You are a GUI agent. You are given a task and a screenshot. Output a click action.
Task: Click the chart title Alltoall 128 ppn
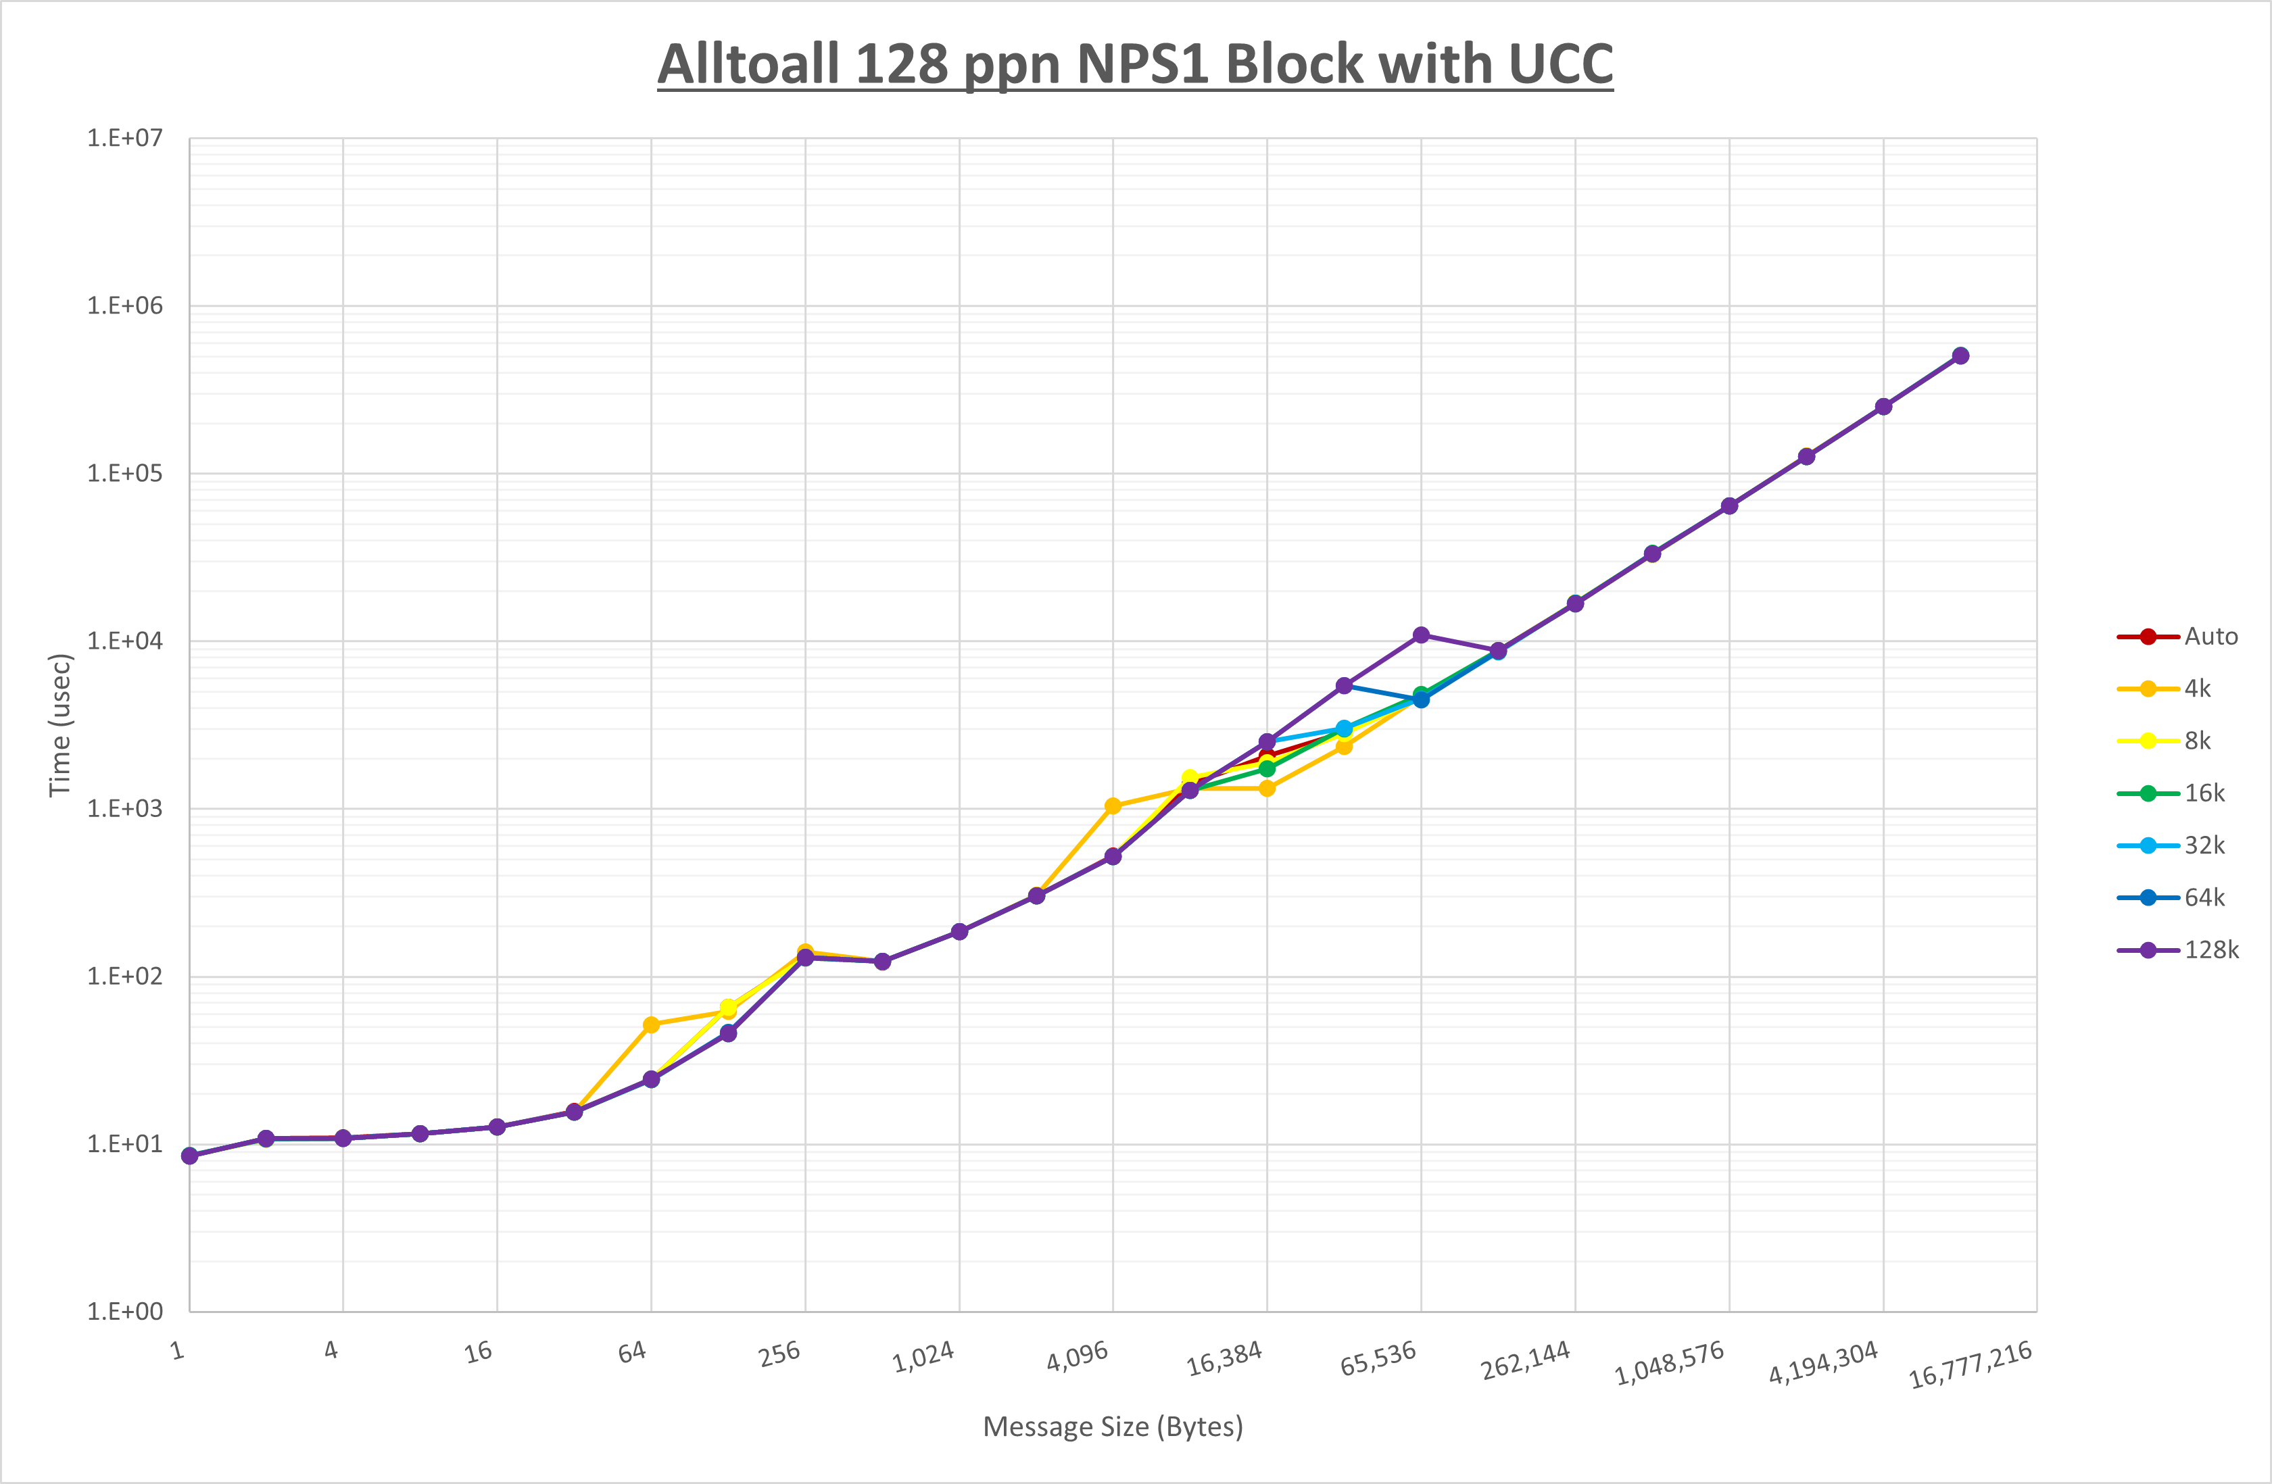(x=1134, y=64)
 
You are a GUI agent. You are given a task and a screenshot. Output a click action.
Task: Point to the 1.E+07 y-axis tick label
(x=125, y=139)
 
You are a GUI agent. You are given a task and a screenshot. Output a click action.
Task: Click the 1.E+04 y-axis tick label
(x=125, y=641)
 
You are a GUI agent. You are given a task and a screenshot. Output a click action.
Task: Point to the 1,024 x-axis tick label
(x=923, y=1357)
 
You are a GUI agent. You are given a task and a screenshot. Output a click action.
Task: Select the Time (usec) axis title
(x=59, y=724)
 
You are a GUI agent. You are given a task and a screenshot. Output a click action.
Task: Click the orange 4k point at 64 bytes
(x=651, y=1025)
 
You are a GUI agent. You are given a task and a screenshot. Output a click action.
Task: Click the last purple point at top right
(x=1960, y=356)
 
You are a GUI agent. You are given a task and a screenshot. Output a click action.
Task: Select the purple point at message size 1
(x=189, y=1156)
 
